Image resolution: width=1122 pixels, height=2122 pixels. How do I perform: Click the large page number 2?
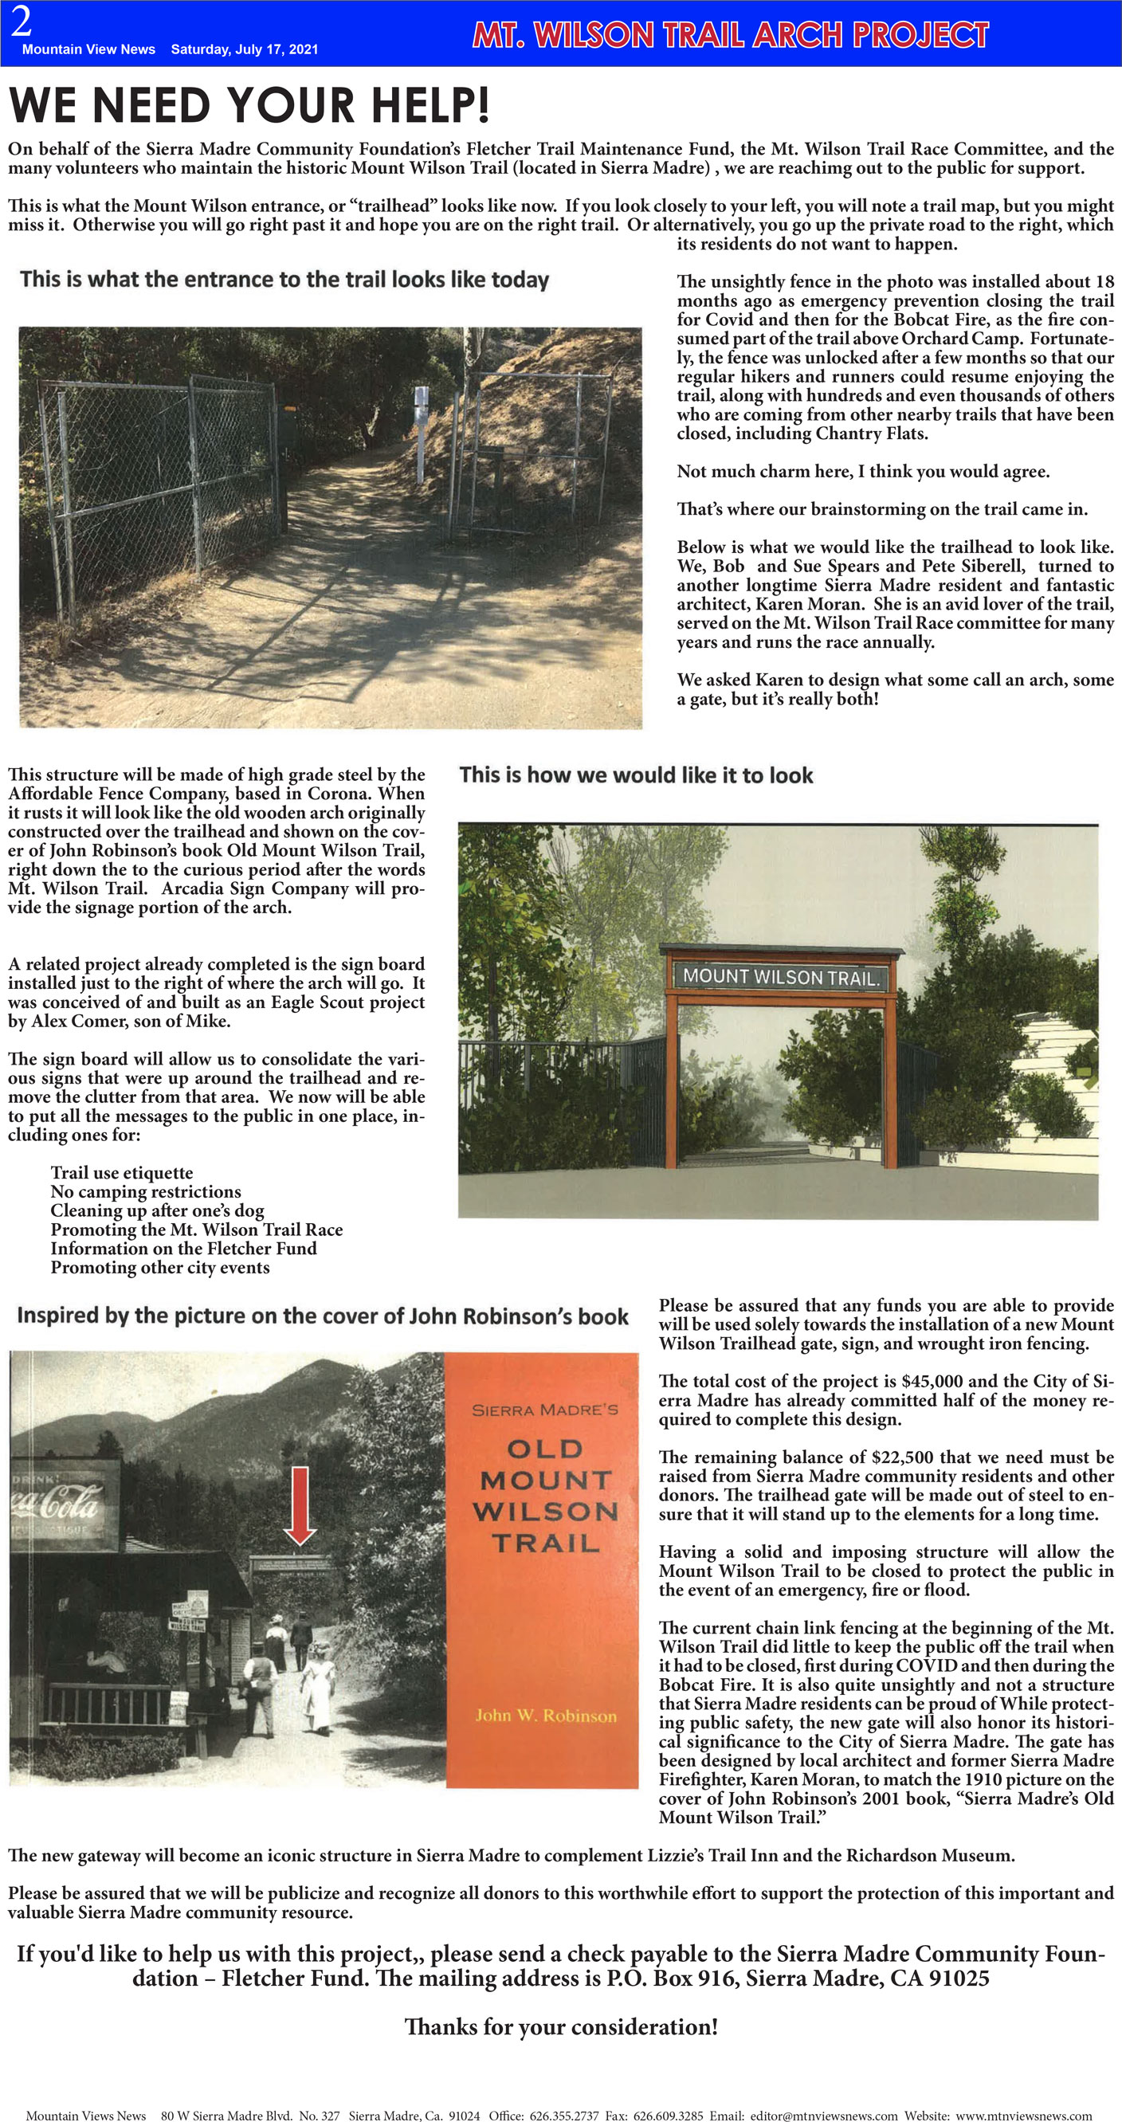22,22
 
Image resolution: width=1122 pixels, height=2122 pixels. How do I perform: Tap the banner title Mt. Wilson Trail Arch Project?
730,34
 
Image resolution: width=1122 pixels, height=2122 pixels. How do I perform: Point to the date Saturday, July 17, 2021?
244,49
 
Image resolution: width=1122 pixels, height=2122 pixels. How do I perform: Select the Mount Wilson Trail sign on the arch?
781,978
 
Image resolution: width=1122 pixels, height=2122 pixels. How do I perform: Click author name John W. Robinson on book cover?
545,1715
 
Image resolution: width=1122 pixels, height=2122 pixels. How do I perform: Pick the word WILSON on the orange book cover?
545,1512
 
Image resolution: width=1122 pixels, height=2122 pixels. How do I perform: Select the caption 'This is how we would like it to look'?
636,775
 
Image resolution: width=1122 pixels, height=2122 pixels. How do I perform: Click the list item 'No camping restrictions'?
146,1191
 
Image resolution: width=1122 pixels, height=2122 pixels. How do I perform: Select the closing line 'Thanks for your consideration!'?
561,2027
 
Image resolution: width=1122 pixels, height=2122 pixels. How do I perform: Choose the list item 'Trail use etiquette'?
122,1172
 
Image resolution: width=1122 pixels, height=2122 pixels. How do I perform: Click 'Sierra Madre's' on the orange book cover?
545,1410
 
